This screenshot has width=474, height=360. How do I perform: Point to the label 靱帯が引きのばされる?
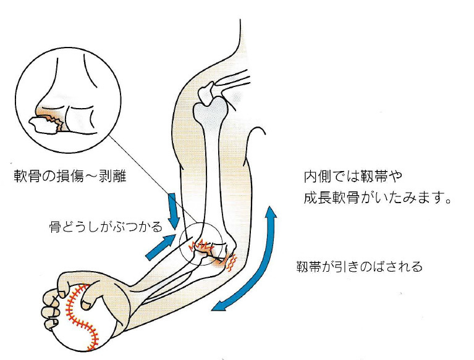pyautogui.click(x=360, y=267)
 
